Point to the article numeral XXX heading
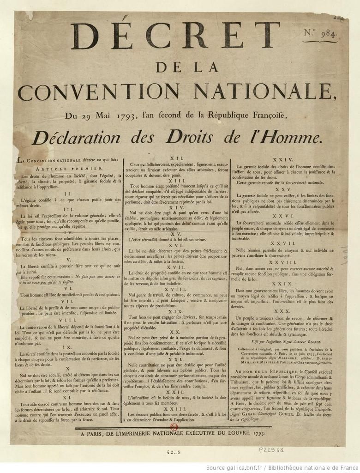coord(286,311)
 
